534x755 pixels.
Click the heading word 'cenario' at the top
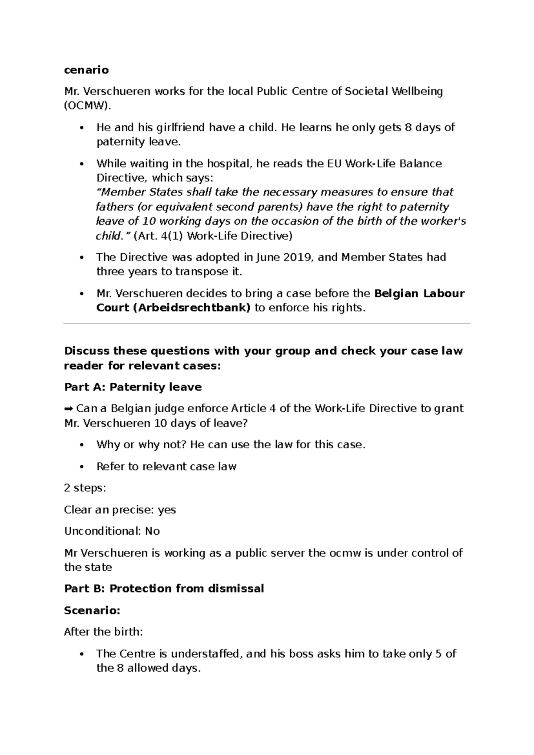(x=86, y=70)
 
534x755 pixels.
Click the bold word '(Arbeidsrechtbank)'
(x=191, y=308)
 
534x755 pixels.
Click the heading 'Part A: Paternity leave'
(x=133, y=387)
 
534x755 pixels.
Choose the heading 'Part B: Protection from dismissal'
(x=164, y=589)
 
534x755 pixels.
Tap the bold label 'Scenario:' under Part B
(x=92, y=610)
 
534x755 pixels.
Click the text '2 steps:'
(x=85, y=488)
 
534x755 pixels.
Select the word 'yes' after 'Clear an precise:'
(x=167, y=510)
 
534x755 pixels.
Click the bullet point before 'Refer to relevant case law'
(x=81, y=467)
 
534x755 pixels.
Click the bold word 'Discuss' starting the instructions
(x=87, y=351)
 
